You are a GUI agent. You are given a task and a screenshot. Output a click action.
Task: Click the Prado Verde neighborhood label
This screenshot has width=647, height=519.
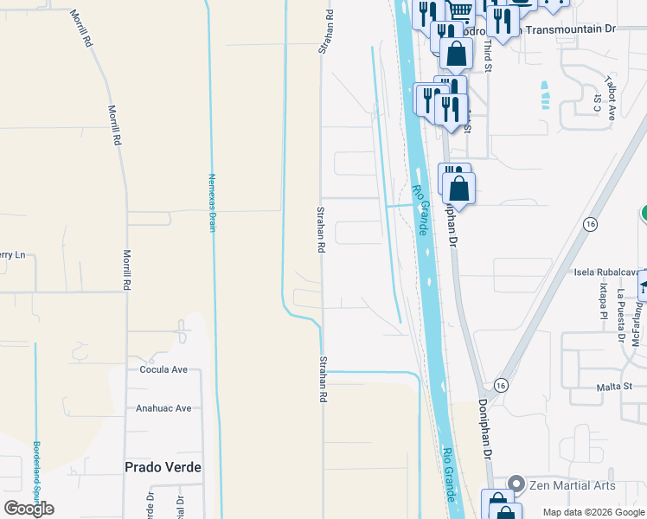(x=163, y=467)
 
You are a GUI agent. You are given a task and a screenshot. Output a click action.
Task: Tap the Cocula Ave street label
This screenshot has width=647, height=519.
(x=163, y=369)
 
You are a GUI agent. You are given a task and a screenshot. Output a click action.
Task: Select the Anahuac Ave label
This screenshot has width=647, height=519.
(x=163, y=408)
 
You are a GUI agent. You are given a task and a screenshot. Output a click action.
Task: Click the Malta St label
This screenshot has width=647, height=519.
(x=615, y=387)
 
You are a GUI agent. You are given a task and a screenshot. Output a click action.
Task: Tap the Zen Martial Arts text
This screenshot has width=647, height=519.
(x=573, y=485)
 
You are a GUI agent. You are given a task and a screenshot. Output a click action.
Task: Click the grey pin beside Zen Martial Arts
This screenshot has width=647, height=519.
(x=517, y=484)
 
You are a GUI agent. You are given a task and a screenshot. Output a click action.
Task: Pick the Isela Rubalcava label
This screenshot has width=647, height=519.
(x=605, y=272)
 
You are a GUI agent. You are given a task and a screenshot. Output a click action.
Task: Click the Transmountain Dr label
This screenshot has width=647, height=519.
(x=567, y=29)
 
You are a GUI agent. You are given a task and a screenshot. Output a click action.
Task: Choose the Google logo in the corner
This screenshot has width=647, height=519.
(x=29, y=509)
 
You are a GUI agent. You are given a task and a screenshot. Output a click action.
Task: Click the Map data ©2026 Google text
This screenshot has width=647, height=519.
(x=593, y=512)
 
